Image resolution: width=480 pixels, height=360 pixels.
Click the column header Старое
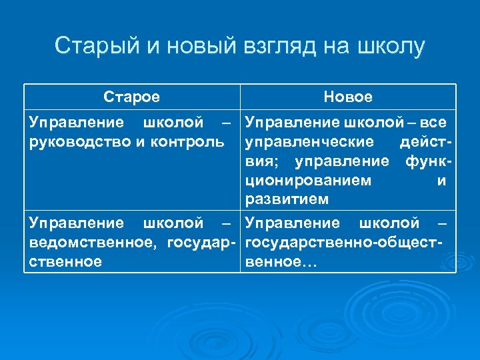coord(132,97)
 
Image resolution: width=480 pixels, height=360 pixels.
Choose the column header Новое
coord(348,97)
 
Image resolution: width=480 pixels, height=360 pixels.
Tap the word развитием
coord(287,199)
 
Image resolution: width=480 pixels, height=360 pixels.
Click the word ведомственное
coord(87,242)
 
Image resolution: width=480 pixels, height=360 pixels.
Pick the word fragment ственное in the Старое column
coord(65,261)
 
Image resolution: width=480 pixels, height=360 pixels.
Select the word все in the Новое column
coord(433,123)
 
